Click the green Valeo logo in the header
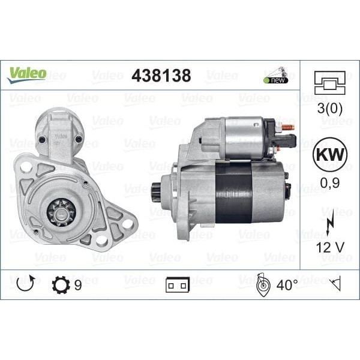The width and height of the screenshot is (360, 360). [26, 74]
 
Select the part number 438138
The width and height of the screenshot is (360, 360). [161, 76]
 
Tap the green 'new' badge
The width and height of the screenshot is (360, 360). [275, 79]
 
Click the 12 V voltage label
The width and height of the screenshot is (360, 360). [329, 247]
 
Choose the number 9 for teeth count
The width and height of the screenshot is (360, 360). [79, 286]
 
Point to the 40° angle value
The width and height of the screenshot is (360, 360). [286, 286]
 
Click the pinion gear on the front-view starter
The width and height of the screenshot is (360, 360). [61, 212]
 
